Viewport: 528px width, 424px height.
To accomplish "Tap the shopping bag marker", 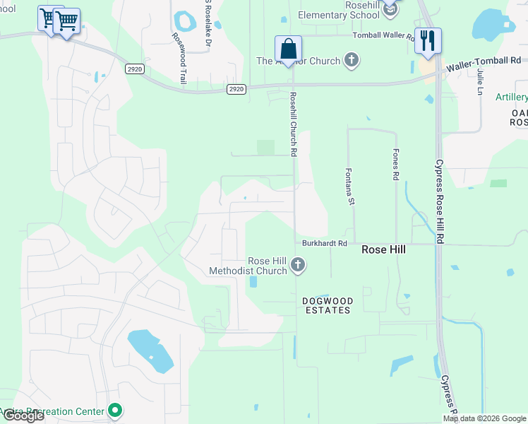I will pyautogui.click(x=288, y=49).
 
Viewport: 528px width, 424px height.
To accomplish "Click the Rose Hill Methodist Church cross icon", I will pyautogui.click(x=298, y=265).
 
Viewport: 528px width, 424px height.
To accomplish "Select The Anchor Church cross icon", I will pyautogui.click(x=352, y=61).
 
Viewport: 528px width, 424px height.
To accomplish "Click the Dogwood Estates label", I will pyautogui.click(x=327, y=305).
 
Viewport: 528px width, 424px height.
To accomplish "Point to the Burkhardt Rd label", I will pyautogui.click(x=325, y=243).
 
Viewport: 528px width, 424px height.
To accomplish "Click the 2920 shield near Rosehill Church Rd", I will pyautogui.click(x=236, y=89).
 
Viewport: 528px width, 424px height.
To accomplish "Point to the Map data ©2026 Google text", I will pyautogui.click(x=484, y=418).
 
